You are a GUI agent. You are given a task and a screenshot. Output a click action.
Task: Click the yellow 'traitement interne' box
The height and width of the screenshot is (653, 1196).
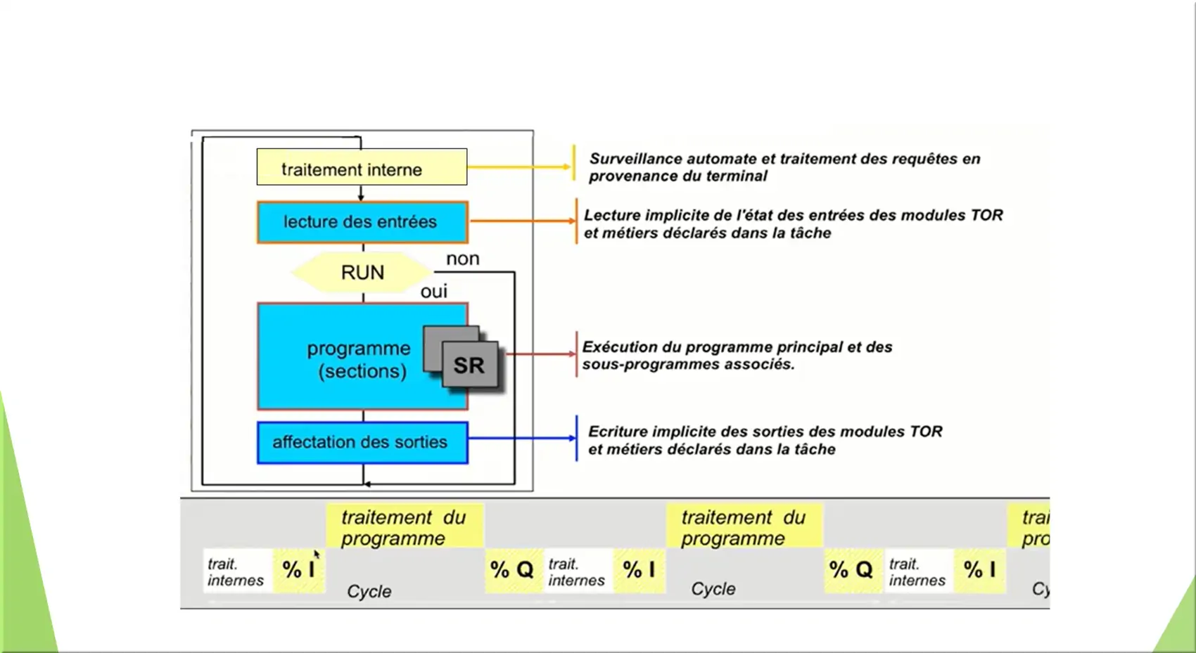tap(362, 167)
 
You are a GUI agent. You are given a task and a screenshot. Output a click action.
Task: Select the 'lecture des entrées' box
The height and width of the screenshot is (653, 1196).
tap(362, 222)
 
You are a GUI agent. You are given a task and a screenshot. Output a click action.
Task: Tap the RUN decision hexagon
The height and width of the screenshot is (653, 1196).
tap(362, 272)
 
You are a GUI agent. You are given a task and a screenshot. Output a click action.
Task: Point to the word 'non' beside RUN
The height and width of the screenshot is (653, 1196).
tap(462, 259)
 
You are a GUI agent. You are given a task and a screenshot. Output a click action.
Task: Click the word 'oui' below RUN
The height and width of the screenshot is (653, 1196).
tap(433, 291)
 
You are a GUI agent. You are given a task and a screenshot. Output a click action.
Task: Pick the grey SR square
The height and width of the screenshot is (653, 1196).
tap(469, 365)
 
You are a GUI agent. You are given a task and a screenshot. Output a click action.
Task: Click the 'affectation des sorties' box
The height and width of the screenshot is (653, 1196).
tap(362, 442)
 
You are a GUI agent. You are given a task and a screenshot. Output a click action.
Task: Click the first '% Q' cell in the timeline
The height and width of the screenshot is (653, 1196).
tap(512, 569)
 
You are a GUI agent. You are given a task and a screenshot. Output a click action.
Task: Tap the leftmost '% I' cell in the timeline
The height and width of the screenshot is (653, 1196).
tap(298, 569)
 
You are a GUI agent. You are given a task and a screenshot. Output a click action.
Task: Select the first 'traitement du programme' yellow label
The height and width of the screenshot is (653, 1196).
tap(404, 527)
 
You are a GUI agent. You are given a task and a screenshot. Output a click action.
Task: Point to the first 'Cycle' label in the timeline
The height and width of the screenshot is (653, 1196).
tap(369, 591)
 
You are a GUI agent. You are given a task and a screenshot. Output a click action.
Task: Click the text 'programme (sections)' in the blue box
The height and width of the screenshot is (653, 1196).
tap(359, 359)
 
